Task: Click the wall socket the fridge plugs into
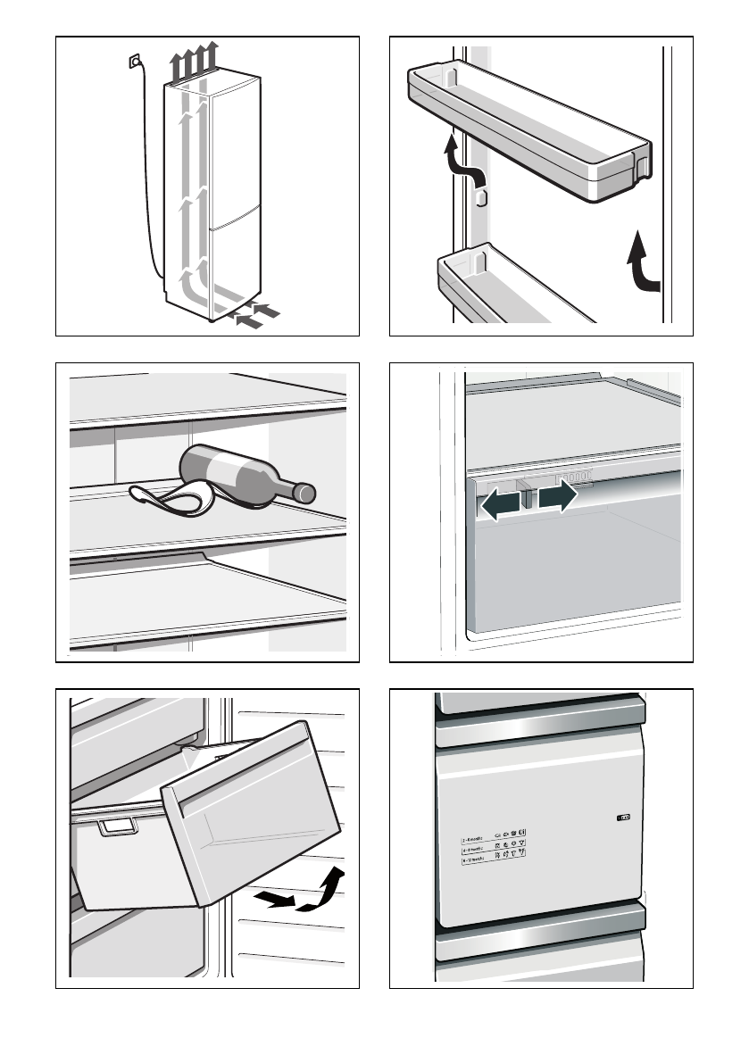point(134,62)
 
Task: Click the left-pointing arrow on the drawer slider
point(499,505)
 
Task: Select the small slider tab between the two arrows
point(528,497)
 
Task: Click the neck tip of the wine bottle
point(306,491)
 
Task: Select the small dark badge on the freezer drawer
point(622,816)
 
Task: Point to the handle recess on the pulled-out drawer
point(115,827)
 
